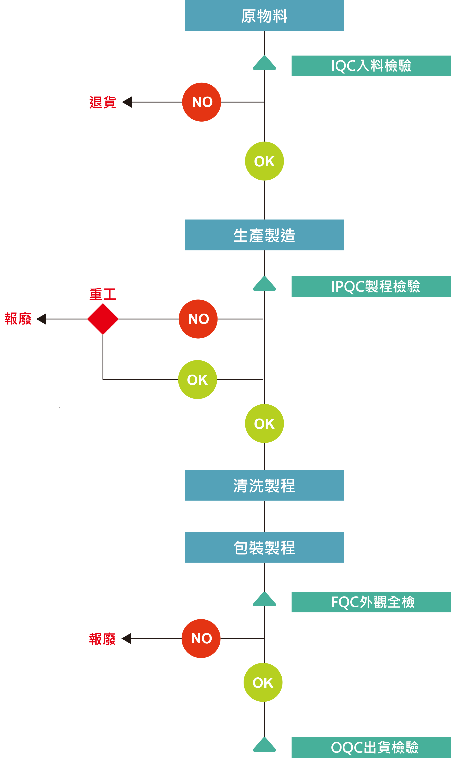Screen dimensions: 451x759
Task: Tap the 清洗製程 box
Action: coord(264,485)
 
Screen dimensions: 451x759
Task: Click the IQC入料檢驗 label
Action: coord(371,66)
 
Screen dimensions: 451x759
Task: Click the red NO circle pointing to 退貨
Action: coord(202,102)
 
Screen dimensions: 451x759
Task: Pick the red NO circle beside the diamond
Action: coord(198,319)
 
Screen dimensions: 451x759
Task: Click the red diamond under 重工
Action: coord(103,319)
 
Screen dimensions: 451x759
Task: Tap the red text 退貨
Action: coord(103,102)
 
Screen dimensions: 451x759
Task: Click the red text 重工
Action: coord(103,294)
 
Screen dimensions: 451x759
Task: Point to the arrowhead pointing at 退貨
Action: coord(127,102)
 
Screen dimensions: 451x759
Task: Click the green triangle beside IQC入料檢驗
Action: coord(264,63)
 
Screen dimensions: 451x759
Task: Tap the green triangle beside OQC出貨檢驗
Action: coord(264,744)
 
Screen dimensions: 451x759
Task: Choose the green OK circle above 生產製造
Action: coord(264,161)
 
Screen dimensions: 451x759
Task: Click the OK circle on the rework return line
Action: coord(198,379)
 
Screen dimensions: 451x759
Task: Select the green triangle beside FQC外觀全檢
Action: coord(264,599)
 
